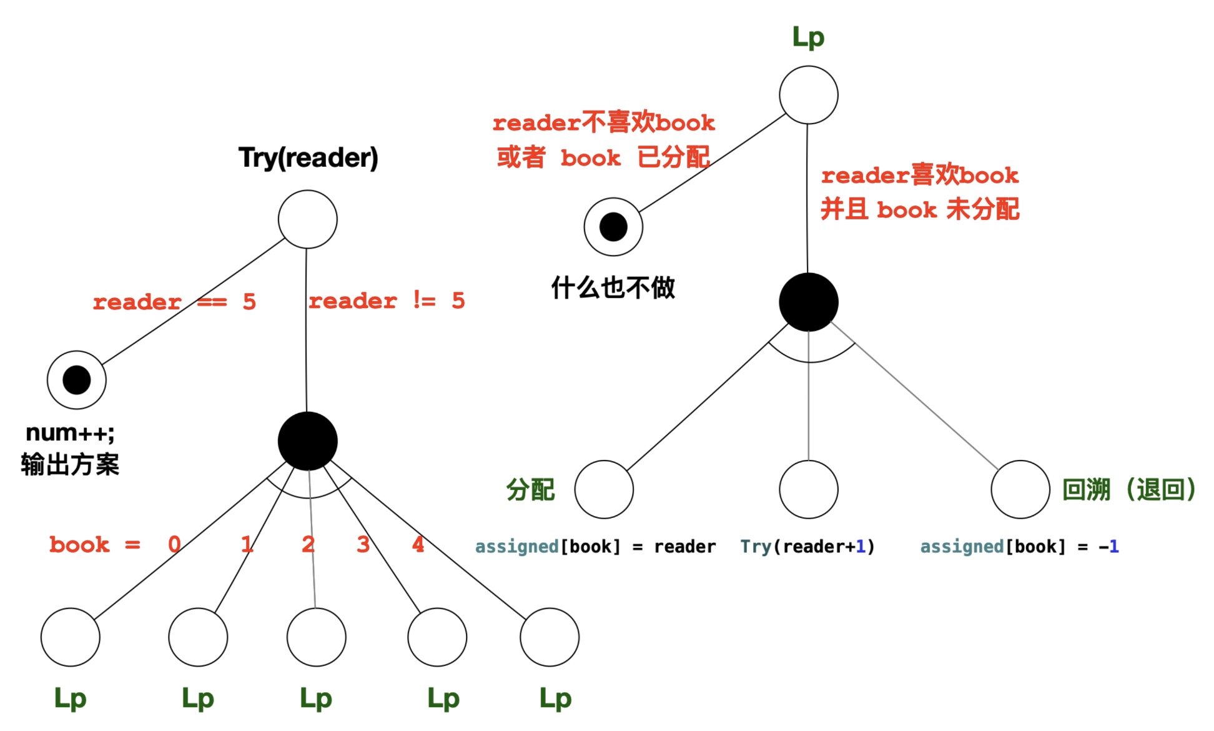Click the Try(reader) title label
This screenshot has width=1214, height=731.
click(308, 157)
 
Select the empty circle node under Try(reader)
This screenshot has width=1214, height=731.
click(308, 219)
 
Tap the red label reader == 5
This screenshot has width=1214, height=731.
click(174, 302)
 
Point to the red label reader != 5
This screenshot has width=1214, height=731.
click(387, 301)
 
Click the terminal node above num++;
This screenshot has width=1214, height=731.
click(77, 380)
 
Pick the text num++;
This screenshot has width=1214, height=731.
click(70, 432)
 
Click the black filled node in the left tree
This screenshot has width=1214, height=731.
click(308, 441)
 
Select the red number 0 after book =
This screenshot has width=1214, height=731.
click(174, 545)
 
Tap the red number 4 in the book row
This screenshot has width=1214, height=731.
click(418, 545)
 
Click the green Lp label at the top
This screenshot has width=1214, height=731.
click(808, 37)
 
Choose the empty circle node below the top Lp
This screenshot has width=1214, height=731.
click(809, 95)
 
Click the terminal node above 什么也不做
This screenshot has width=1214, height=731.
click(613, 227)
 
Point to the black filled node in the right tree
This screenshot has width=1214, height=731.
click(809, 302)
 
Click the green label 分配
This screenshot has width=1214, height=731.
click(530, 490)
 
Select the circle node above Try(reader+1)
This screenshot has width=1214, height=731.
click(809, 489)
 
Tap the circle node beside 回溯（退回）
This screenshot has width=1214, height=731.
click(1020, 489)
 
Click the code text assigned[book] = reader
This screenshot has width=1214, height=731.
click(595, 547)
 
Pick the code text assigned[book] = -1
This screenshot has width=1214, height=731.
click(1019, 547)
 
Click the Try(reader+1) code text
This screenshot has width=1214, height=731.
click(807, 547)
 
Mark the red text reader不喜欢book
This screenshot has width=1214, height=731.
click(603, 122)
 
